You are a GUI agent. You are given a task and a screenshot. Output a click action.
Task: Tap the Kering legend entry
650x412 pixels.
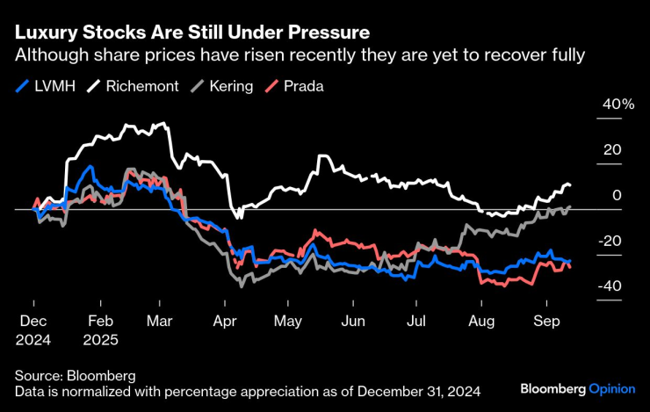[225, 87]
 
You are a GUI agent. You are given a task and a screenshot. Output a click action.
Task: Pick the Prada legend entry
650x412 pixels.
[296, 87]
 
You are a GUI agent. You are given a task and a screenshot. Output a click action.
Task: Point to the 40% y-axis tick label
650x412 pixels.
[617, 105]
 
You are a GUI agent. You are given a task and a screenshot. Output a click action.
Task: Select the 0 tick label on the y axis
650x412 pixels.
[617, 195]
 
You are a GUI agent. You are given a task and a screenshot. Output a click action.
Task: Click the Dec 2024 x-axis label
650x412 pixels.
[34, 329]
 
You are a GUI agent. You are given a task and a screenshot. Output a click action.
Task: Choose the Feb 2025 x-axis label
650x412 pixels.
[102, 329]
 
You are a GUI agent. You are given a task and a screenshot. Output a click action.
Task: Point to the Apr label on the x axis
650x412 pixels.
[222, 321]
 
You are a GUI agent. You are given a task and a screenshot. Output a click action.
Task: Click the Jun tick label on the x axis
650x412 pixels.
[352, 321]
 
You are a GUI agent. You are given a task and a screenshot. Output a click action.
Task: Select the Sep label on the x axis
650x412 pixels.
[548, 321]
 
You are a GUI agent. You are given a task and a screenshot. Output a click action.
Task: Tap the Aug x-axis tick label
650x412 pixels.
[482, 321]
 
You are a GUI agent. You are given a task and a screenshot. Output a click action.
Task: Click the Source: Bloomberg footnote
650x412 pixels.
[75, 375]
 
